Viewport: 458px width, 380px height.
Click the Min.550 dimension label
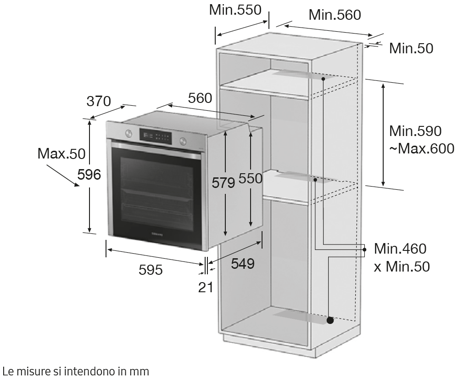pos(235,10)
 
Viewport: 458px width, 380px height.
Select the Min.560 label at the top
pos(335,15)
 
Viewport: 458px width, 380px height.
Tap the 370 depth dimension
pos(99,101)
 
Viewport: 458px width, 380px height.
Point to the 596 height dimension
pos(89,175)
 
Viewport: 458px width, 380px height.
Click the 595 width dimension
pos(151,270)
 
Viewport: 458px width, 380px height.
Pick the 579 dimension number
pos(223,183)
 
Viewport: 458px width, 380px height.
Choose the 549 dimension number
pos(242,264)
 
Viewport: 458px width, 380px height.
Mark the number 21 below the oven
pos(206,288)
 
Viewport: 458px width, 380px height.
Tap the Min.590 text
pos(415,131)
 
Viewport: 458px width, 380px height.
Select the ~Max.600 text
pos(421,149)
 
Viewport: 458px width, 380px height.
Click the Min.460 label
pos(400,249)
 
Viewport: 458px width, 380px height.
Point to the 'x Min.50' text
pos(402,267)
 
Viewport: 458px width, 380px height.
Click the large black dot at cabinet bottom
pos(330,320)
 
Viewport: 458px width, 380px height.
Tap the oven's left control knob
pos(128,133)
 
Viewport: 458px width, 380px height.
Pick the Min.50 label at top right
pos(411,48)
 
